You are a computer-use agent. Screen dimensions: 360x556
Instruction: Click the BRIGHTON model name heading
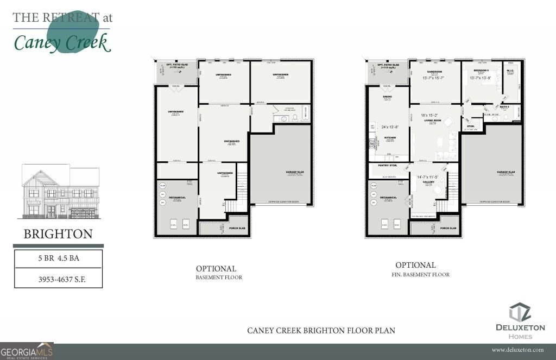pyautogui.click(x=58, y=234)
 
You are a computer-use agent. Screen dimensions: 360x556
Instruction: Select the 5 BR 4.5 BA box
pyautogui.click(x=58, y=258)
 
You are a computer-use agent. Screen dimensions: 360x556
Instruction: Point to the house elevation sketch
pyautogui.click(x=60, y=192)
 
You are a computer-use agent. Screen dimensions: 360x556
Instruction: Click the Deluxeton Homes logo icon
pyautogui.click(x=520, y=313)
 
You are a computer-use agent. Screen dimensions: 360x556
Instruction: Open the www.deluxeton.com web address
pyautogui.click(x=517, y=350)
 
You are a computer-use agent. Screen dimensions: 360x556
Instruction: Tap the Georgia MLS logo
pyautogui.click(x=27, y=351)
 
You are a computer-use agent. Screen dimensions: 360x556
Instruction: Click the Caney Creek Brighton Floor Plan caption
pyautogui.click(x=321, y=330)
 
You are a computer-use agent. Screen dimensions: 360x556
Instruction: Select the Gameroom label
pyautogui.click(x=434, y=71)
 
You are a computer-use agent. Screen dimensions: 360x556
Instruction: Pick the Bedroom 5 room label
pyautogui.click(x=482, y=71)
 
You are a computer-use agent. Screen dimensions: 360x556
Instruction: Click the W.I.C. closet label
pyautogui.click(x=510, y=71)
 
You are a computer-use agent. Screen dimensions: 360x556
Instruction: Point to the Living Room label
pyautogui.click(x=433, y=120)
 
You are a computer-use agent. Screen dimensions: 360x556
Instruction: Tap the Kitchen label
pyautogui.click(x=390, y=138)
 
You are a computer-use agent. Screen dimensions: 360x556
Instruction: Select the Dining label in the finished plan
pyautogui.click(x=387, y=97)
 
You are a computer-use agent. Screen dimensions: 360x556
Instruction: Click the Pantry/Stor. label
pyautogui.click(x=389, y=165)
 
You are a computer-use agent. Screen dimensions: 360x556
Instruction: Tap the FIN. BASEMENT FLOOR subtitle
pyautogui.click(x=420, y=275)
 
